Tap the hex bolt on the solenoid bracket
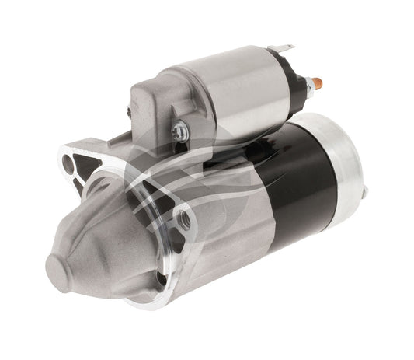point(178,131)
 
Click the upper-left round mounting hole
point(68,163)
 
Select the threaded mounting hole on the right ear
point(184,218)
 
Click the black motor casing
point(303,187)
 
